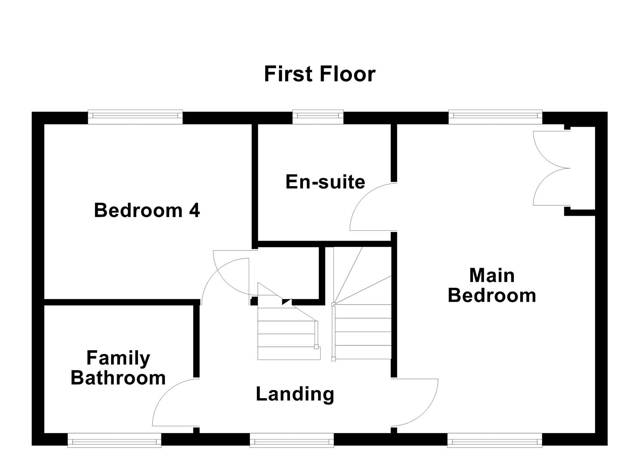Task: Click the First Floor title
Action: click(320, 74)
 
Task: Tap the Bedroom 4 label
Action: click(147, 210)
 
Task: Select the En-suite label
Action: click(325, 182)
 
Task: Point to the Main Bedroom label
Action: click(492, 285)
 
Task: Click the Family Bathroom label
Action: click(118, 368)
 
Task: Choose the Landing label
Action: click(295, 394)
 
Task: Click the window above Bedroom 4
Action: click(135, 116)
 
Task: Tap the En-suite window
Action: click(318, 116)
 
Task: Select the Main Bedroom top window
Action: click(495, 116)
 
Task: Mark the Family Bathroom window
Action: click(114, 440)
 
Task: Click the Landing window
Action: click(292, 440)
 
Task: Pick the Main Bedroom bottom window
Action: click(495, 440)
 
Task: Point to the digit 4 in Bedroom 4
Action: click(194, 210)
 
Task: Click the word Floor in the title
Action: click(348, 74)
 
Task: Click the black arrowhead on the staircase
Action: click(287, 301)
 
